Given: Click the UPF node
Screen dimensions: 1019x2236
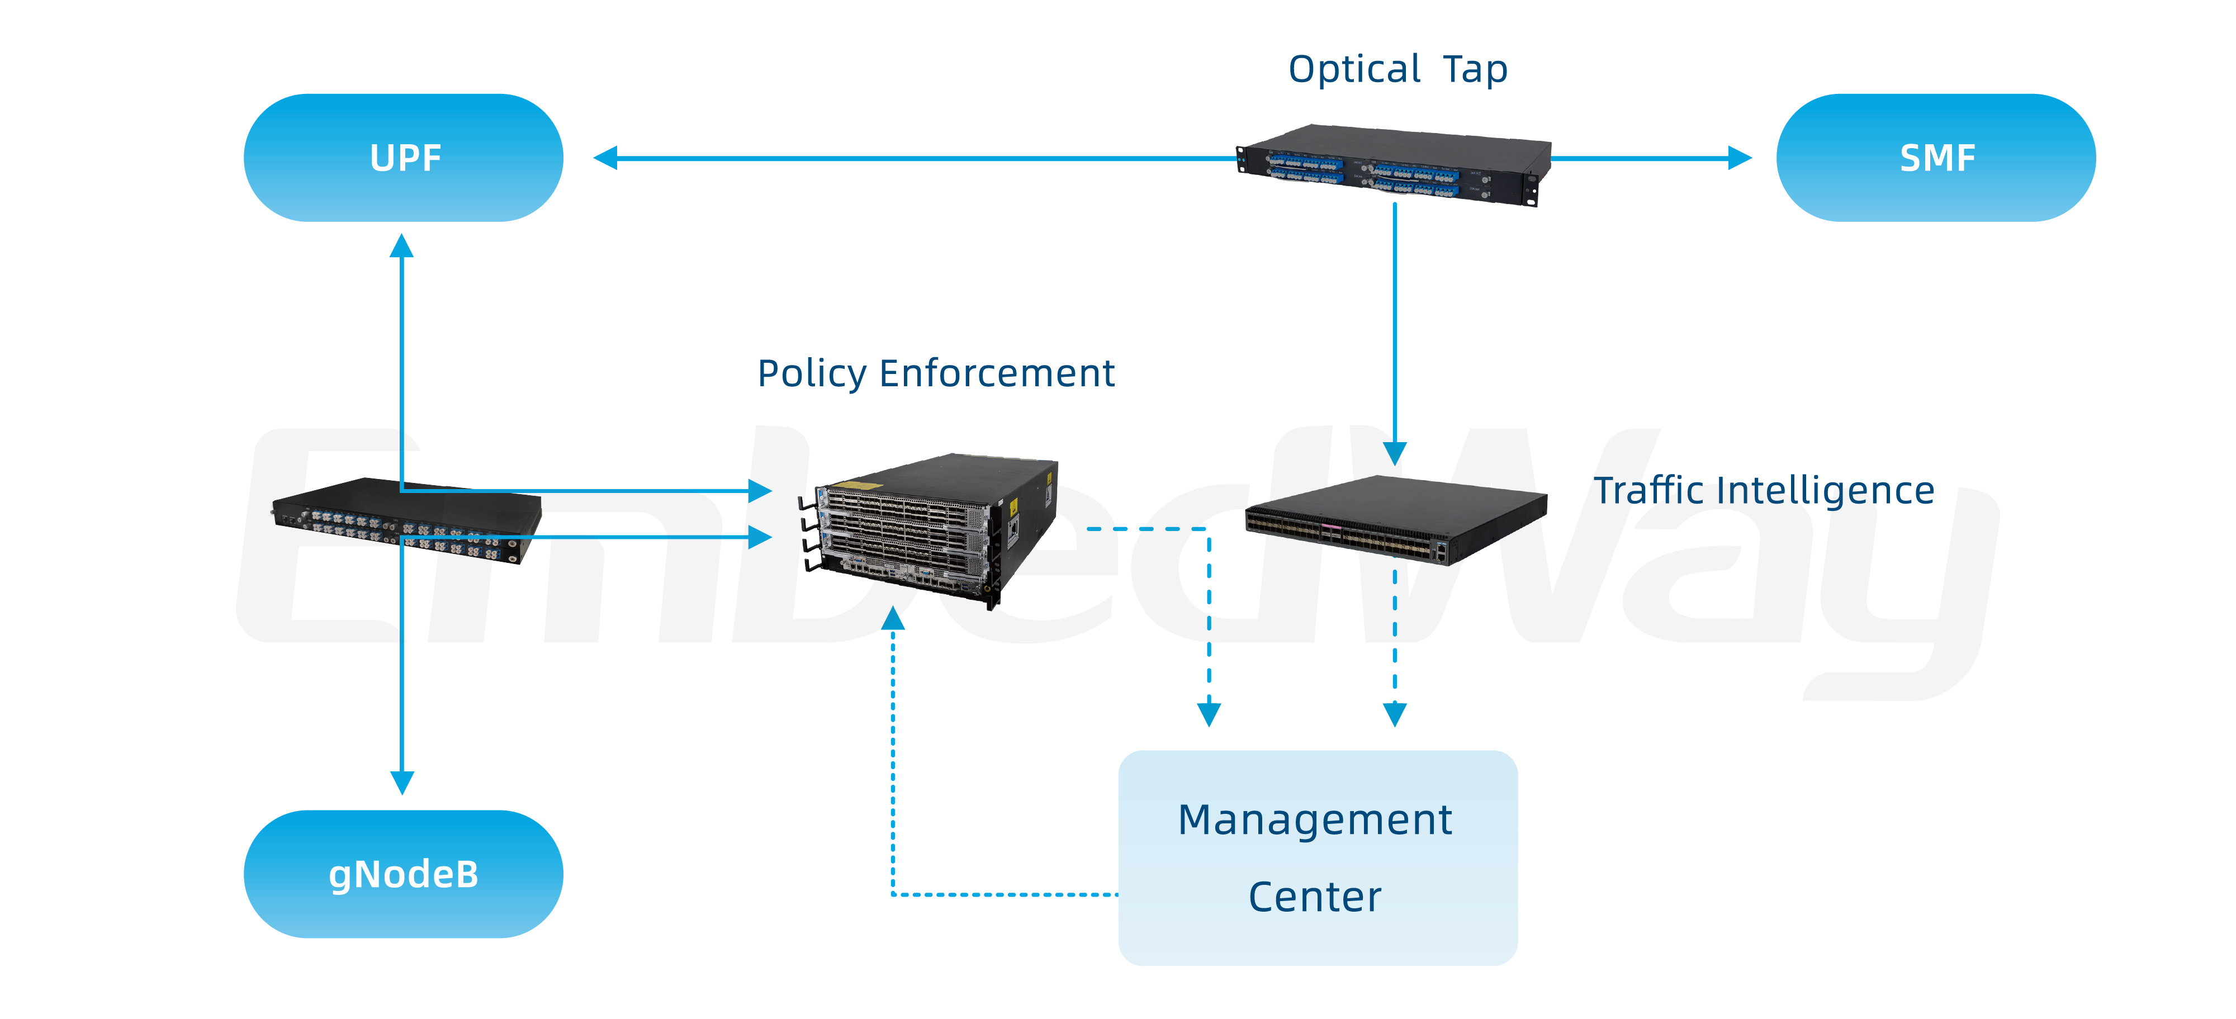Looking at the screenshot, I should (x=404, y=158).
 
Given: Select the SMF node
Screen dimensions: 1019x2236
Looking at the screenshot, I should (x=1936, y=158).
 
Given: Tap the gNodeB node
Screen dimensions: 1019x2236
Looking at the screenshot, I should (x=404, y=874).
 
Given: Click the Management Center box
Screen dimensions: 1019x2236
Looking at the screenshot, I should (x=1317, y=857).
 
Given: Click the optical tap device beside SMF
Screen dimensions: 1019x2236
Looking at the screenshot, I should (x=1392, y=164).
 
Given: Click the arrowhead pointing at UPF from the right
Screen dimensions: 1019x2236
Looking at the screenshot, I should (x=605, y=158).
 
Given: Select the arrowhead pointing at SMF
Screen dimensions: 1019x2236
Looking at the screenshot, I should (x=1740, y=158).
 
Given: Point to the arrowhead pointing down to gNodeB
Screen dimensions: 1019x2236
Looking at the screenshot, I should (x=402, y=783).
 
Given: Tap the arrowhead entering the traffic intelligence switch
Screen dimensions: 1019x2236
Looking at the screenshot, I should (x=1394, y=453).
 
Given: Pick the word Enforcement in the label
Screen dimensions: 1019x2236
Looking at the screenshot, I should (x=997, y=374).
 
